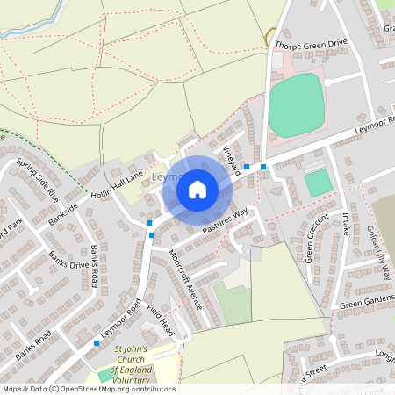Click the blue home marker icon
click(197, 190)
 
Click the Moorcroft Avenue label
click(185, 279)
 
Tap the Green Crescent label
click(315, 237)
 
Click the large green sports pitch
click(296, 104)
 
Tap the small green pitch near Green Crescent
click(318, 183)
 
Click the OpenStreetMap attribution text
click(88, 389)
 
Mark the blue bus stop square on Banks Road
click(96, 342)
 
